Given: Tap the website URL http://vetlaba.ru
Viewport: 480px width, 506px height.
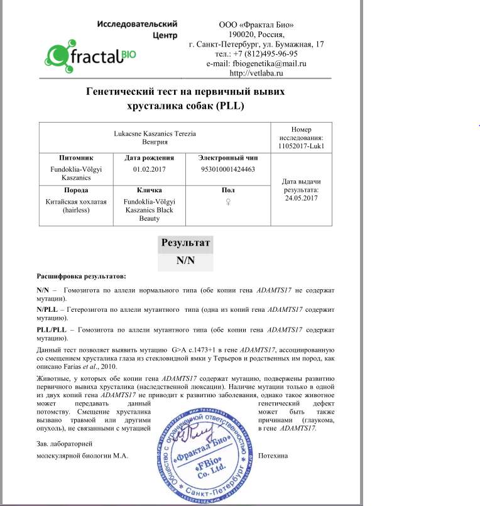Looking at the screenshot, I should (256, 73).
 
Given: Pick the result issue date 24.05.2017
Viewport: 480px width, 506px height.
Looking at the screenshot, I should (302, 198).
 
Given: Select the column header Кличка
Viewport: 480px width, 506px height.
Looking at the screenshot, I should (149, 190).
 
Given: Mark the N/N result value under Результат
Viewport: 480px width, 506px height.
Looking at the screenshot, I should (186, 261).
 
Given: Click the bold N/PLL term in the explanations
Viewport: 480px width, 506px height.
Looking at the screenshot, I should (48, 310).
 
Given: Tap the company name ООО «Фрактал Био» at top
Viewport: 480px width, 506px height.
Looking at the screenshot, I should (256, 25).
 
